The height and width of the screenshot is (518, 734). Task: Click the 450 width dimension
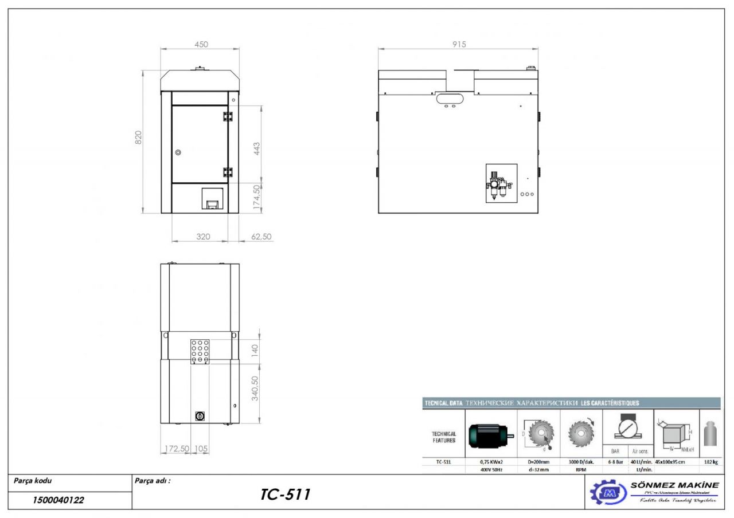click(201, 45)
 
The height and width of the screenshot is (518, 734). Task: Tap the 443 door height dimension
click(257, 148)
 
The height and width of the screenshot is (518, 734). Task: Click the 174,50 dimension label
click(257, 197)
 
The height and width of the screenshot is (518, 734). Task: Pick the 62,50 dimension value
click(261, 236)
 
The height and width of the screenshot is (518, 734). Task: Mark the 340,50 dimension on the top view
click(256, 388)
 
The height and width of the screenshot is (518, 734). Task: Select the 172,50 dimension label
click(177, 448)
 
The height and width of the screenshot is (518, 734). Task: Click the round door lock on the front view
click(178, 152)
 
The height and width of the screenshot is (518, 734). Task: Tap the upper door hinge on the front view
click(228, 116)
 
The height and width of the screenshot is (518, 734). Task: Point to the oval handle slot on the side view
click(450, 99)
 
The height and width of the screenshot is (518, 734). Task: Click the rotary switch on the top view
click(201, 416)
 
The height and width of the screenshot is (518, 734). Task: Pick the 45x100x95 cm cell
click(677, 461)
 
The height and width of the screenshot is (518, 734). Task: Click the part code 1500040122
click(58, 500)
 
